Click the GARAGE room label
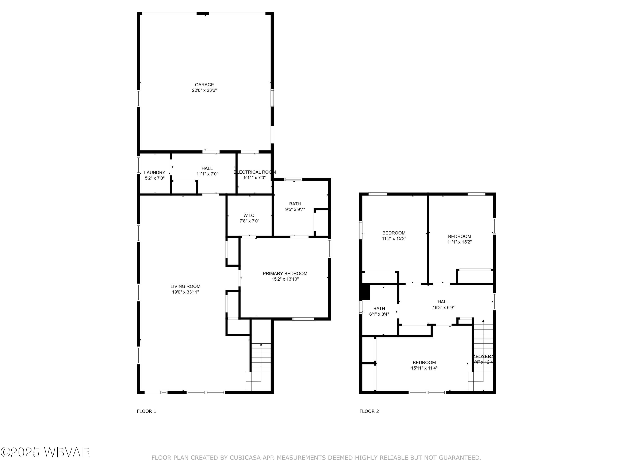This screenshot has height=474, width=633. [x=204, y=84]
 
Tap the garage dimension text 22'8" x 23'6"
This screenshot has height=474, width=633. [x=204, y=90]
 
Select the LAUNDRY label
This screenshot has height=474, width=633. [x=154, y=173]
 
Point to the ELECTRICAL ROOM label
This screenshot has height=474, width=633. [x=255, y=172]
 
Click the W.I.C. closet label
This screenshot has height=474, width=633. [x=249, y=216]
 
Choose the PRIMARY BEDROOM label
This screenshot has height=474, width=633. [x=285, y=273]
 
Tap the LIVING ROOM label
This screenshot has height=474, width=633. [x=185, y=286]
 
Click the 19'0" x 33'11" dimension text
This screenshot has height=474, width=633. [x=185, y=292]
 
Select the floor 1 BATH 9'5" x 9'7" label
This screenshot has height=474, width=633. [x=295, y=206]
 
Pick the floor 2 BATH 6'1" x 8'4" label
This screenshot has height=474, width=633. [x=379, y=311]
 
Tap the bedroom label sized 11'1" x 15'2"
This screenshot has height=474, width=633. [x=459, y=239]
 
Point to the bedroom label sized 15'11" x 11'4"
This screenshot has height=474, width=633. [x=424, y=365]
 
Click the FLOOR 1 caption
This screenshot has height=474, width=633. [x=146, y=411]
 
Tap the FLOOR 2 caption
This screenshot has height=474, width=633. [x=369, y=411]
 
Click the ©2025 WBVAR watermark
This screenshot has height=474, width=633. [x=45, y=452]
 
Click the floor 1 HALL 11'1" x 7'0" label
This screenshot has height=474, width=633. [x=207, y=171]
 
